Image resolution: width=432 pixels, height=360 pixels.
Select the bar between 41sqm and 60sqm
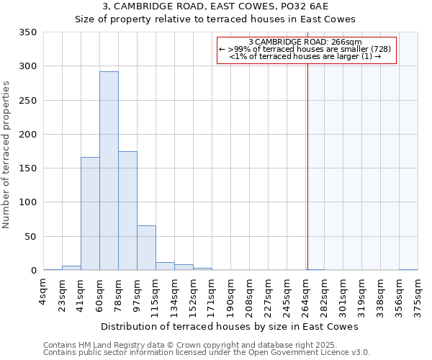(90, 214)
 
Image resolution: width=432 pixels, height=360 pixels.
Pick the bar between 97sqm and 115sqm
(146, 248)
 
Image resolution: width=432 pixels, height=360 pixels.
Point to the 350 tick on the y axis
(27, 32)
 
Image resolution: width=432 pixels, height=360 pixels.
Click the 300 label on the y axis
(27, 66)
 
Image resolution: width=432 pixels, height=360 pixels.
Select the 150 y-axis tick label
(27, 168)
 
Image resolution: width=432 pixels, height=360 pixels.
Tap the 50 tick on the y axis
(30, 237)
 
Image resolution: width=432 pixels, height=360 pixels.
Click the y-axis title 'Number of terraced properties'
(7, 155)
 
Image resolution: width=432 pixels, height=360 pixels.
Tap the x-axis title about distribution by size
(230, 326)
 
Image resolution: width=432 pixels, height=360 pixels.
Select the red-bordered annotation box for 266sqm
(307, 49)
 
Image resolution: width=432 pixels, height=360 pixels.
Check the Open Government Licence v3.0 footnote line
(207, 353)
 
